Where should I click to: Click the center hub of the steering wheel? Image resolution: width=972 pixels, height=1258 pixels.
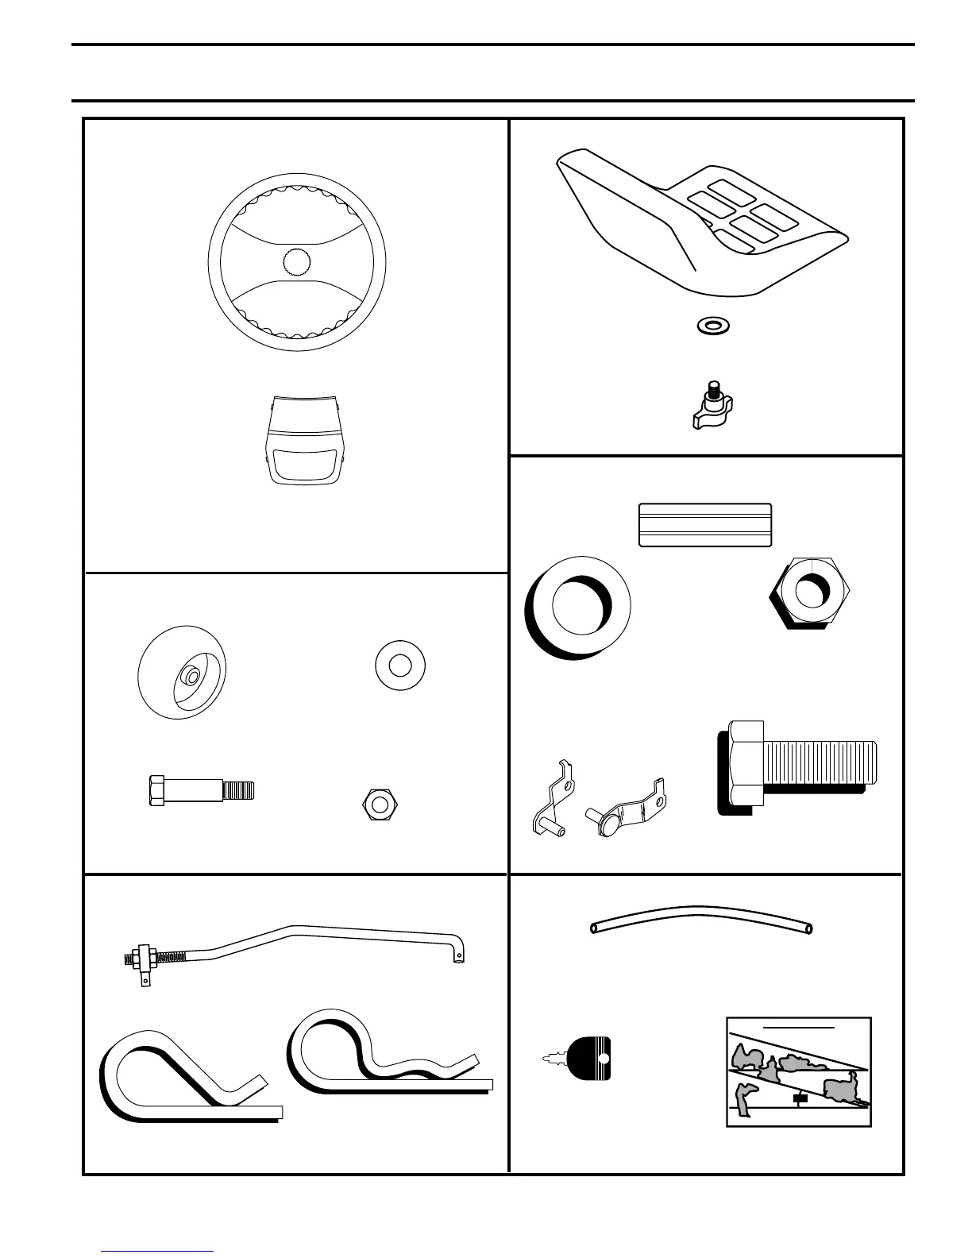point(297,261)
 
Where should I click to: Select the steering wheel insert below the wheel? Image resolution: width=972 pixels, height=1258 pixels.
point(305,439)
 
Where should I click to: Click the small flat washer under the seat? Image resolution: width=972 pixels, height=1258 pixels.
point(714,326)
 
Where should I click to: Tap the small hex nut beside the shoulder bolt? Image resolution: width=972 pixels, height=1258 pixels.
point(380,805)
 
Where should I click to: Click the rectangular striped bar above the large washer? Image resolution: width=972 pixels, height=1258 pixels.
point(705,525)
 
